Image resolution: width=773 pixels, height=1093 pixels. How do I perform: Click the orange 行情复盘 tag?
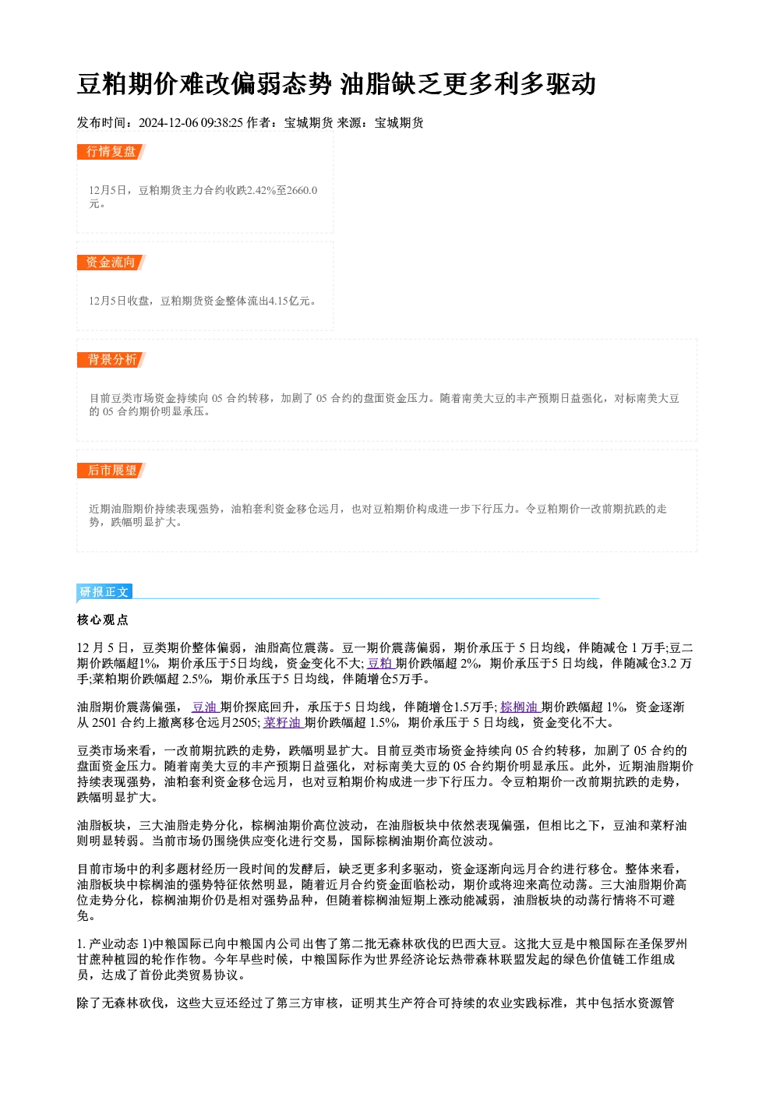click(x=111, y=152)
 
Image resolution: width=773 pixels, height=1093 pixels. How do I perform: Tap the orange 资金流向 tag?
click(x=111, y=263)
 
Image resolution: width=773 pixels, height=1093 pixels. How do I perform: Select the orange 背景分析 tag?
click(x=111, y=360)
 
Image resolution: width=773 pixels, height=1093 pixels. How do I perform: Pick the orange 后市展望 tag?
click(x=111, y=471)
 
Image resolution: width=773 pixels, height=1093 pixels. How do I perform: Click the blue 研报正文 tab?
click(x=104, y=592)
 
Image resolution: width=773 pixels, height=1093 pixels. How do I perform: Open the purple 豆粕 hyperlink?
click(x=380, y=663)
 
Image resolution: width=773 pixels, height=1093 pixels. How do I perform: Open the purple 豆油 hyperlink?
click(x=205, y=707)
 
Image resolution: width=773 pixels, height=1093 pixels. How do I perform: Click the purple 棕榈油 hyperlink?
click(x=521, y=707)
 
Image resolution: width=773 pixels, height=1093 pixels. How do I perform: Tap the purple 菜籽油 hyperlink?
click(x=284, y=723)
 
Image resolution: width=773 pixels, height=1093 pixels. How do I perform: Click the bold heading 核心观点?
click(x=103, y=620)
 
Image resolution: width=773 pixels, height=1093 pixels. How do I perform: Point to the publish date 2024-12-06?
click(x=168, y=123)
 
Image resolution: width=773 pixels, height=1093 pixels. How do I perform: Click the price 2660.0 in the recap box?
click(x=302, y=190)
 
